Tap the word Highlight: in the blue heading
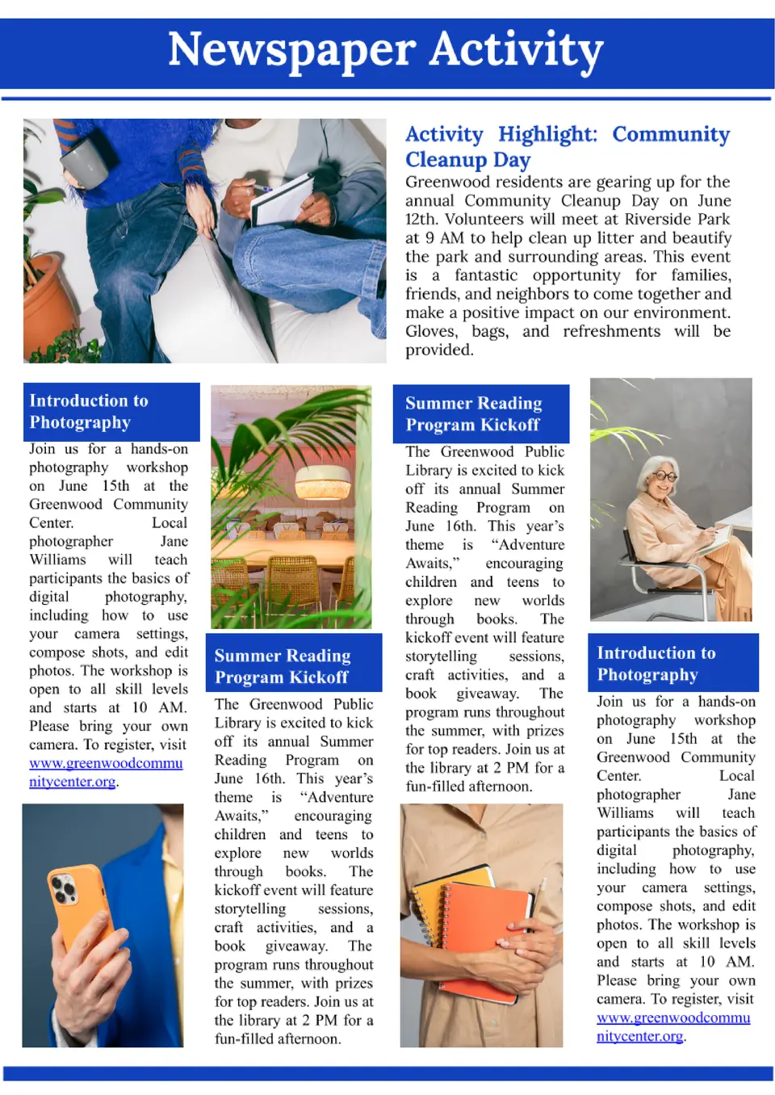pos(547,134)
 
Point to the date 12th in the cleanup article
pos(421,220)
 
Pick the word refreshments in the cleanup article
pos(611,332)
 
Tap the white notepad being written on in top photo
pos(283,199)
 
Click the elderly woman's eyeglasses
pos(664,476)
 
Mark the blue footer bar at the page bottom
pos(387,1073)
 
